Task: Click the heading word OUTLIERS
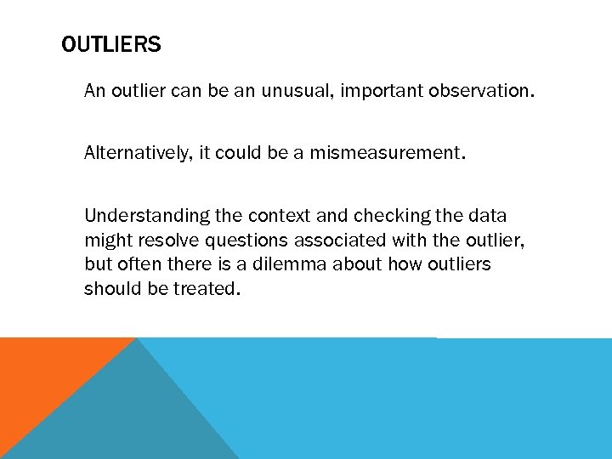111,45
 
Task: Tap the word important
380,91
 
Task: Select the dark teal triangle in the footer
127,416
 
